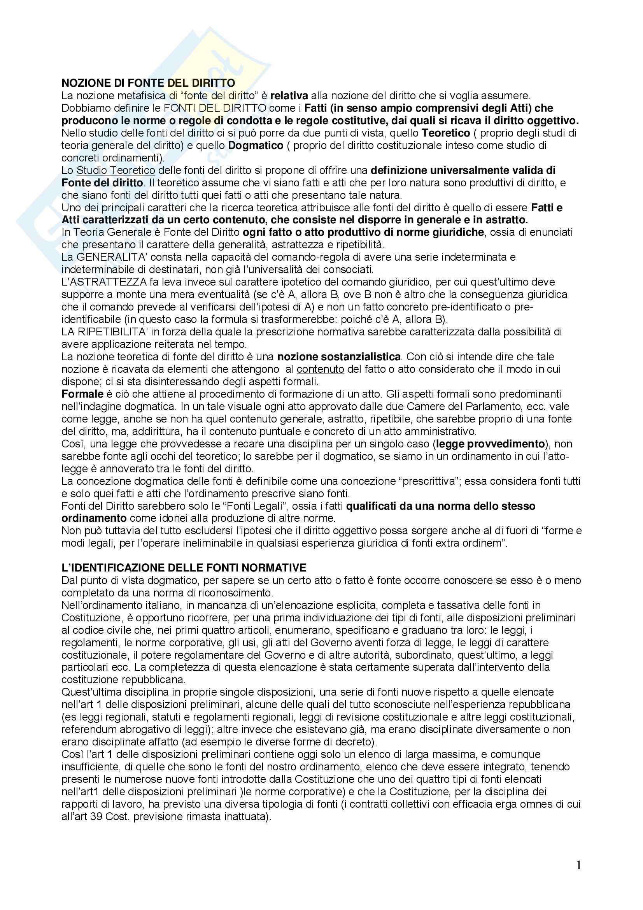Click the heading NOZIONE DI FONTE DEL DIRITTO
click(148, 83)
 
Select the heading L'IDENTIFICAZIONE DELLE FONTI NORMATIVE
click(184, 568)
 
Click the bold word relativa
click(289, 96)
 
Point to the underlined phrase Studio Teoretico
click(116, 170)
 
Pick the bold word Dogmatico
click(256, 146)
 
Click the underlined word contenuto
click(320, 369)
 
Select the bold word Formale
click(82, 394)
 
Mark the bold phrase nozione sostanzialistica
click(339, 357)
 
